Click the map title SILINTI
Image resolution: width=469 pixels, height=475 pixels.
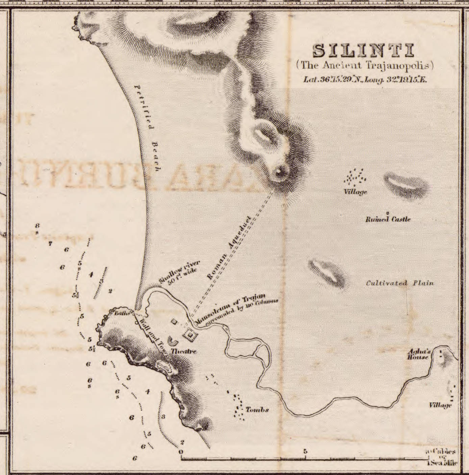pos(364,51)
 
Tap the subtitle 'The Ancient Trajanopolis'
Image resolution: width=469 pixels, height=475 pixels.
pos(365,65)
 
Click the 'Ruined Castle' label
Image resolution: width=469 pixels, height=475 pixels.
pos(388,219)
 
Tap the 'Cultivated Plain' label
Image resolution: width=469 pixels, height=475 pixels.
pos(400,283)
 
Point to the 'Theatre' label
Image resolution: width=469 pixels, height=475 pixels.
pos(183,352)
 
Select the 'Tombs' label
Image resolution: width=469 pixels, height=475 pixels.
pos(257,410)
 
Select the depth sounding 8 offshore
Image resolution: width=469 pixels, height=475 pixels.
pos(37,225)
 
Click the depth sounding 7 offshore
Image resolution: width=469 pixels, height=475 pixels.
pos(50,243)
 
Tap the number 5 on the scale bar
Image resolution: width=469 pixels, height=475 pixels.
pos(305,451)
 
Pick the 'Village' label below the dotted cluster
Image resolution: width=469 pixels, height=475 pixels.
pos(355,192)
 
